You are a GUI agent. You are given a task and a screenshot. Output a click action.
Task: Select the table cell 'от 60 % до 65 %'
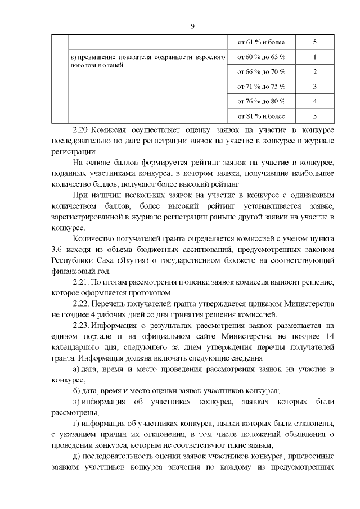point(261,57)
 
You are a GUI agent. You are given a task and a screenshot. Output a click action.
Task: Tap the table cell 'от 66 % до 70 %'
point(261,71)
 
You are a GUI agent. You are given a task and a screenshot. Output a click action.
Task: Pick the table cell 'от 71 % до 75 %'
point(261,87)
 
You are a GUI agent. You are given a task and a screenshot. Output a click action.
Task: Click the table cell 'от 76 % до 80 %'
point(261,101)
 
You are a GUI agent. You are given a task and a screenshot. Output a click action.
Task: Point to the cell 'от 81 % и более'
point(261,116)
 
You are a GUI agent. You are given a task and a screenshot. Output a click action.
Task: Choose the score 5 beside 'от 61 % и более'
point(315,42)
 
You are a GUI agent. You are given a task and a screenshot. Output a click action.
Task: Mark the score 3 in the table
point(315,87)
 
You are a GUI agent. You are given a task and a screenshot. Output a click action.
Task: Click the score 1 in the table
point(315,57)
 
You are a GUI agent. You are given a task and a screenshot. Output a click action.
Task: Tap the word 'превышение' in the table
point(94,57)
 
